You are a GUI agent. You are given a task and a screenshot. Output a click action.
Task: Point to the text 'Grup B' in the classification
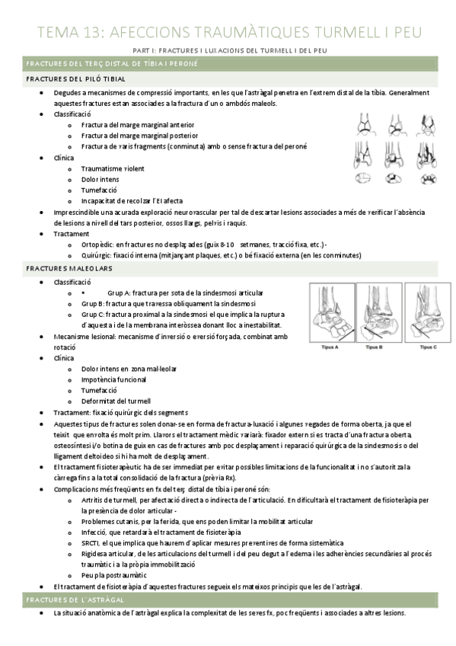(92, 303)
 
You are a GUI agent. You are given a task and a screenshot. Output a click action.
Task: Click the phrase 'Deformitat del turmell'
(116, 401)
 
